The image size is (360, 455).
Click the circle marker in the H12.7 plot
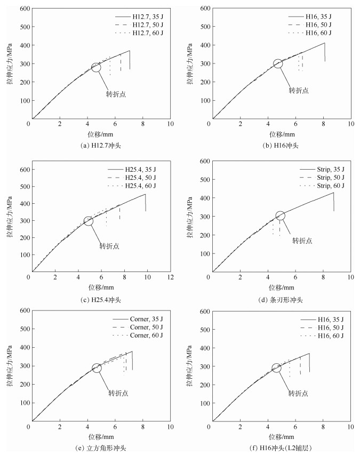pos(96,67)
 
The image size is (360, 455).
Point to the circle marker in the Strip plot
pos(280,215)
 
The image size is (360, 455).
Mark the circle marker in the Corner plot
pos(97,368)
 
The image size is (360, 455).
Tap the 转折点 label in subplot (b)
pos(299,90)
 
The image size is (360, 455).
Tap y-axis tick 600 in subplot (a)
pos(22,9)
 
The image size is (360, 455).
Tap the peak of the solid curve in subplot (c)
pos(145,194)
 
